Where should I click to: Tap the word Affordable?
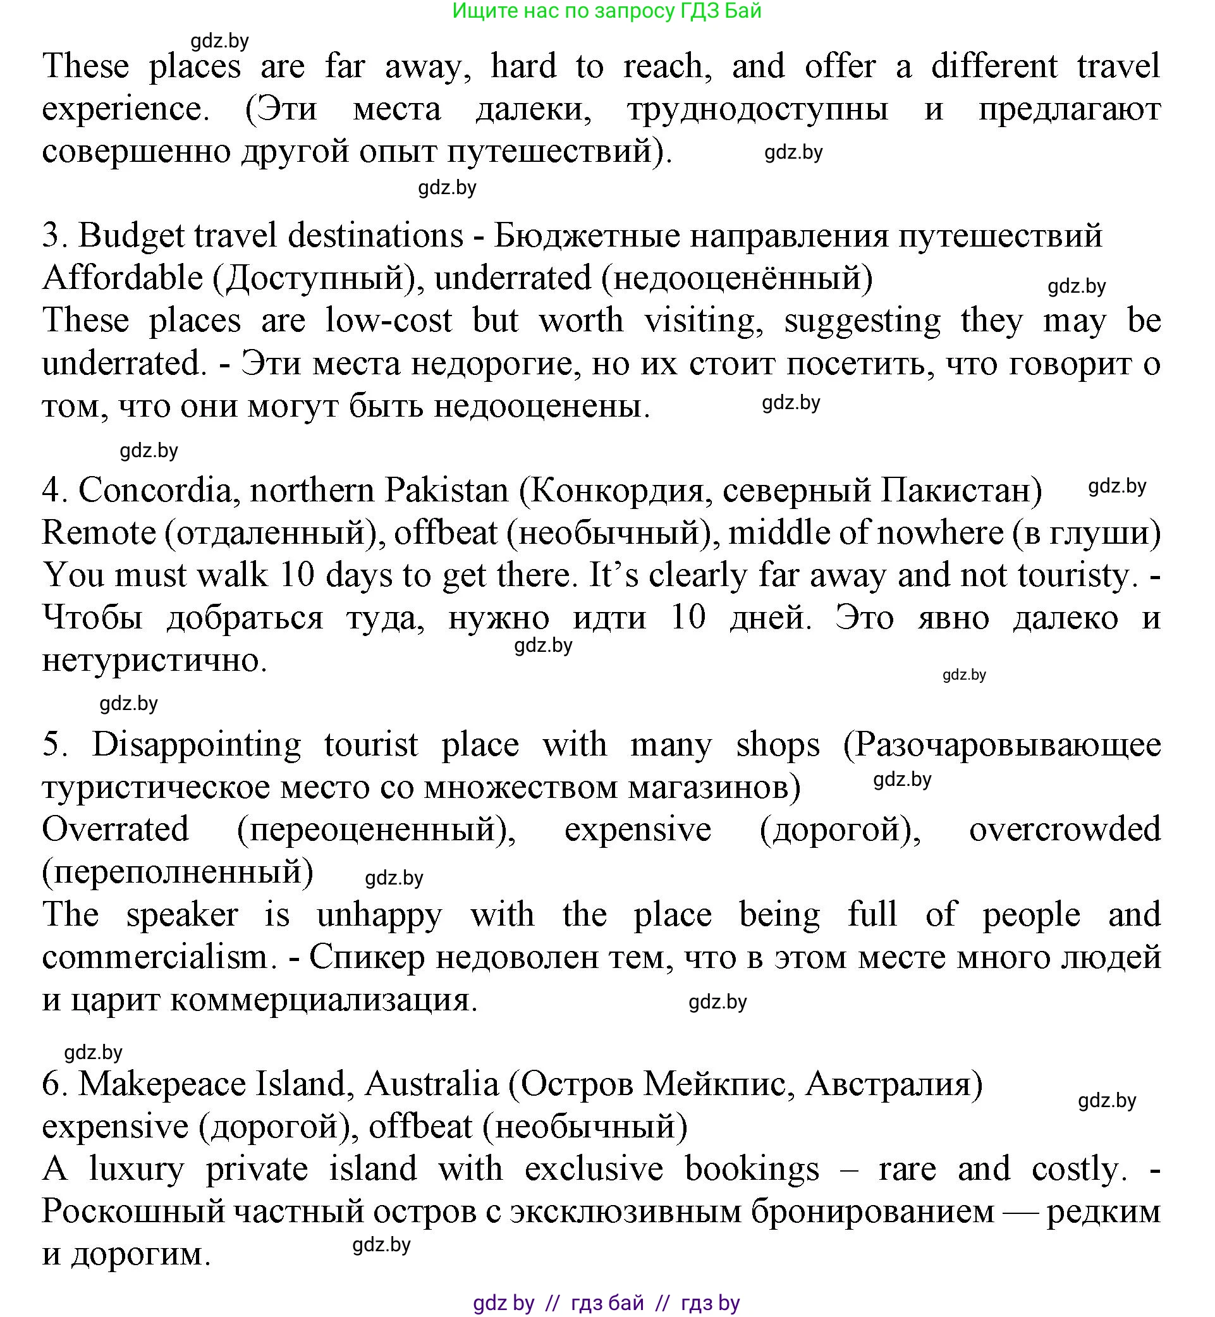[x=122, y=279]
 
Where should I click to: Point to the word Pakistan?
[x=446, y=491]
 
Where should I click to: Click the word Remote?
[x=99, y=533]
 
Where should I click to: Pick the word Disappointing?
[x=196, y=745]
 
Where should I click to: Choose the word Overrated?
[x=115, y=830]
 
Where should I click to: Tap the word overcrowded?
[x=1065, y=830]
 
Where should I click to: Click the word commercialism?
[x=159, y=957]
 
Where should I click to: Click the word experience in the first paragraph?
[x=125, y=110]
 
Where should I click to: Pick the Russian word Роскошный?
[x=133, y=1212]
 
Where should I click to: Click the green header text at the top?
[x=607, y=11]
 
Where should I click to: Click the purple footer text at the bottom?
[x=606, y=1302]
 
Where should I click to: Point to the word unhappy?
[x=379, y=916]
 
